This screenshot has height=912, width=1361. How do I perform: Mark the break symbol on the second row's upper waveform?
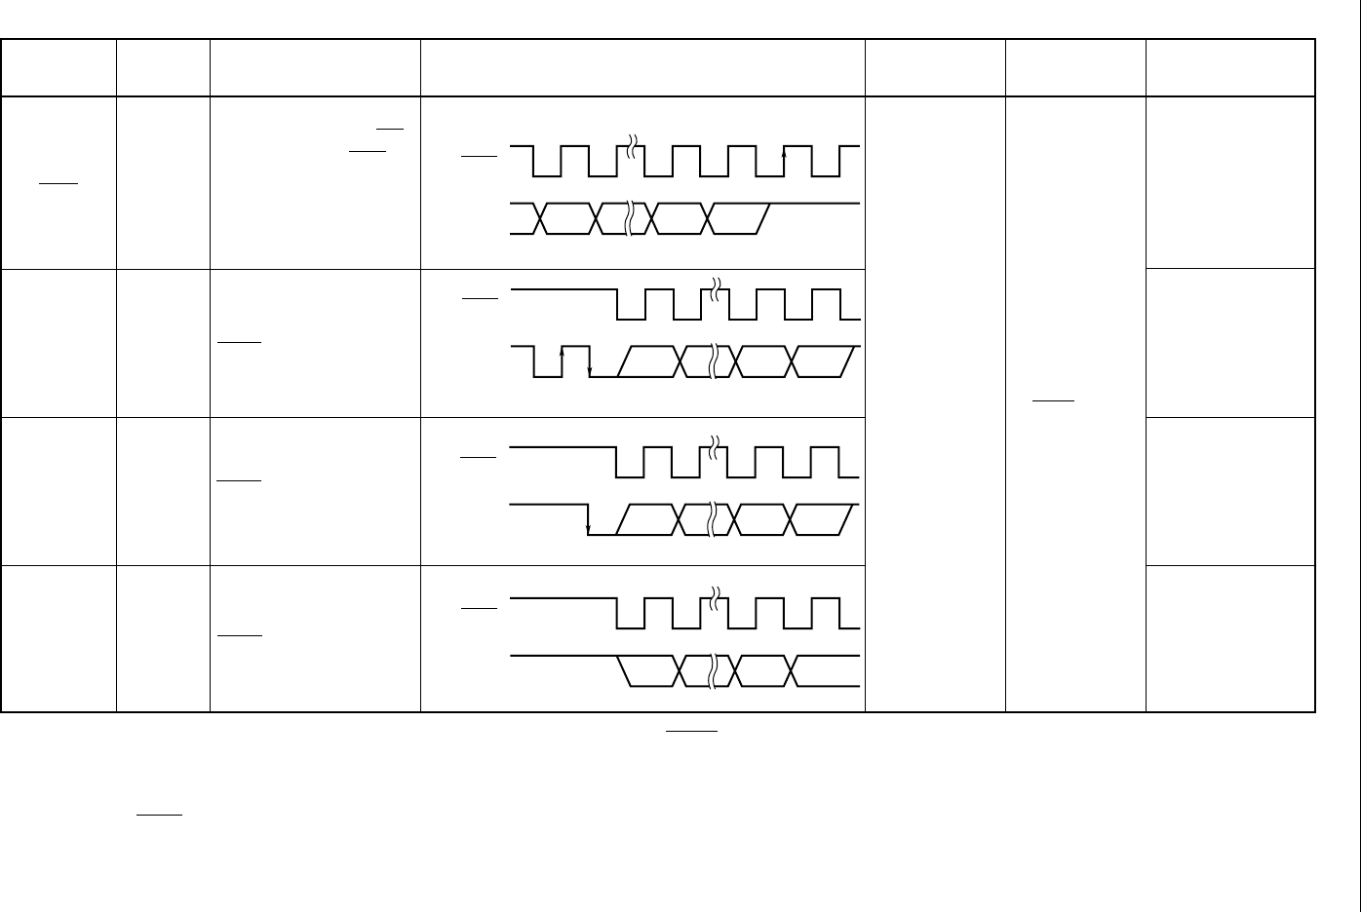715,289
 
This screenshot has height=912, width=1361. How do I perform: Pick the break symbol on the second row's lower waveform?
715,361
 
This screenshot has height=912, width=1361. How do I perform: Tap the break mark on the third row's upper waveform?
715,447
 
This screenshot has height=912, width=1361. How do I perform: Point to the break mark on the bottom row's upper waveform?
715,598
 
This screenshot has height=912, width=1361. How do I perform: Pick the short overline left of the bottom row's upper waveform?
479,608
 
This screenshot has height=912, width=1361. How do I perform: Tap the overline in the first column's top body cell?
58,182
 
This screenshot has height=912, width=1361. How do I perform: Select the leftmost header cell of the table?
58,68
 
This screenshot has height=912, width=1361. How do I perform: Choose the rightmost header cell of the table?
1230,68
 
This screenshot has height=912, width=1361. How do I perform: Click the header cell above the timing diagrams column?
642,68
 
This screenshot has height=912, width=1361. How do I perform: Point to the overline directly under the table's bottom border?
692,729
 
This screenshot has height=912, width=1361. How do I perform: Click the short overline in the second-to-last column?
1053,400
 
